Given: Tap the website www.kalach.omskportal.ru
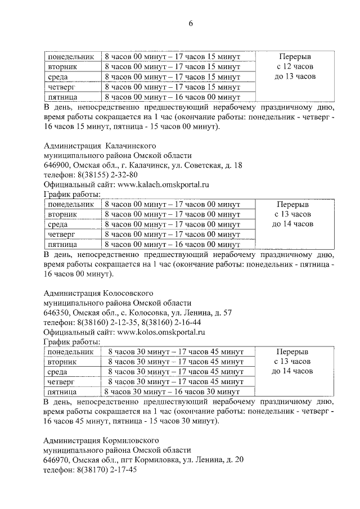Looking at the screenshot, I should point(163,184).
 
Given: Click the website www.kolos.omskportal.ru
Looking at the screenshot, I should point(162,332).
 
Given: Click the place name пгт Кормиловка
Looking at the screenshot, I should point(152,460).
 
